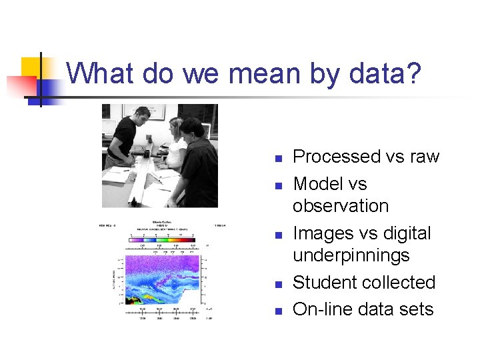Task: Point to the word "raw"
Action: click(x=425, y=157)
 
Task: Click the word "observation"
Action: click(x=341, y=206)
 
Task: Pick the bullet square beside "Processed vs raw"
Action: click(x=279, y=159)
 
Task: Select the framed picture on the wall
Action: click(x=153, y=111)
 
